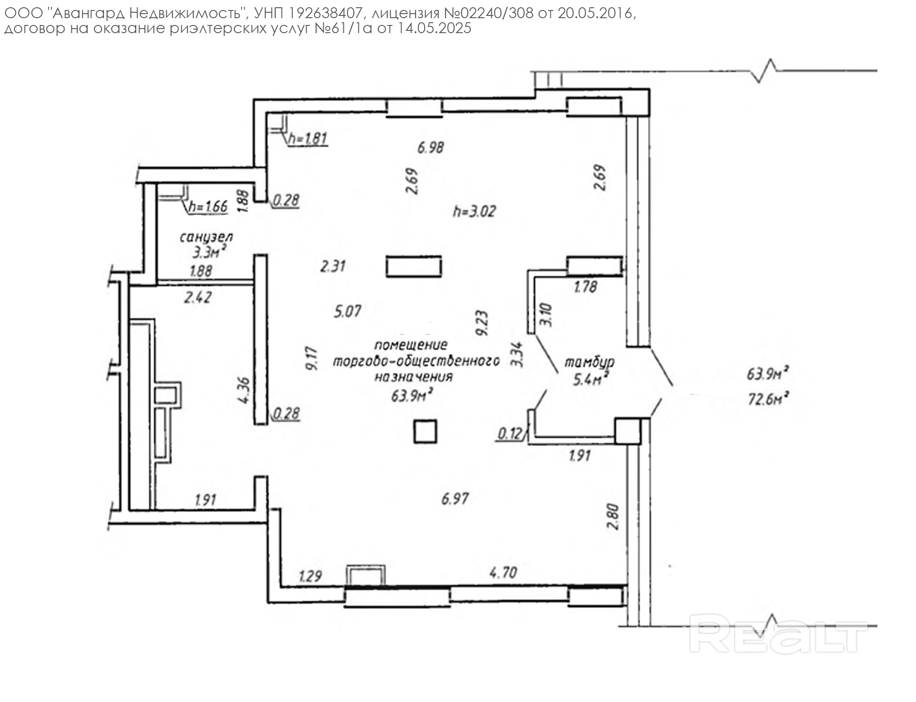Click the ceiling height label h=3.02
(x=475, y=212)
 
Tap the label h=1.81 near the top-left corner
(x=307, y=138)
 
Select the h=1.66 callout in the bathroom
(x=208, y=207)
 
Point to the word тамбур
(x=589, y=362)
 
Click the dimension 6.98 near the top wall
(x=431, y=147)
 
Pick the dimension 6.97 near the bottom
(x=455, y=499)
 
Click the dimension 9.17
(x=312, y=358)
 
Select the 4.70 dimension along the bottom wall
(x=503, y=573)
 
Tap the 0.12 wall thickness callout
(x=510, y=434)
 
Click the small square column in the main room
(x=425, y=431)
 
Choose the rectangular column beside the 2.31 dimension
(x=414, y=267)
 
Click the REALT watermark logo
(x=778, y=633)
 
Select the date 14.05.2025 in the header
(x=435, y=29)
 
